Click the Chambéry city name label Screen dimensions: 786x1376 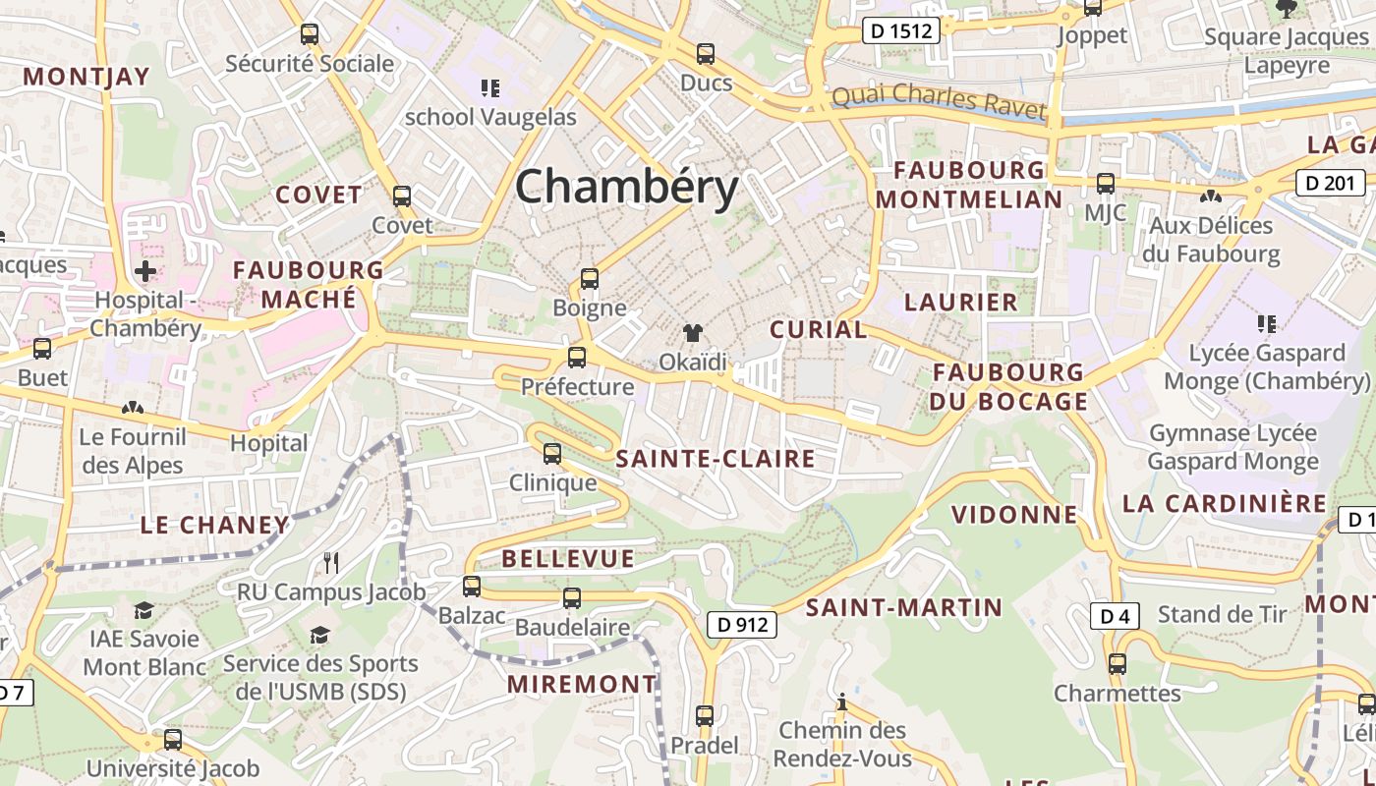click(x=626, y=187)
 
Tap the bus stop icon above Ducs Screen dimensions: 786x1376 click(x=706, y=54)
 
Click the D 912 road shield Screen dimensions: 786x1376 click(x=742, y=624)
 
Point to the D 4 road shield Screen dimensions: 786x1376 click(x=1115, y=616)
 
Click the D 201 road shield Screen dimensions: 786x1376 click(x=1331, y=182)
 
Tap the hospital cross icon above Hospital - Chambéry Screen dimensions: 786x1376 click(x=145, y=271)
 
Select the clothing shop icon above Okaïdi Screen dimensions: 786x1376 click(x=693, y=333)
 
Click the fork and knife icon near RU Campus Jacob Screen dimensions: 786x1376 click(x=331, y=563)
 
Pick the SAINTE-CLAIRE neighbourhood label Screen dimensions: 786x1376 click(x=716, y=459)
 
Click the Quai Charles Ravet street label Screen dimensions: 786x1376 click(x=938, y=102)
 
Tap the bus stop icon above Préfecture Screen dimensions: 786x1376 click(x=577, y=358)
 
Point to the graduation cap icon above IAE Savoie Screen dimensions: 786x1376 click(x=144, y=610)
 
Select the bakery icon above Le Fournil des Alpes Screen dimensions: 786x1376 click(x=132, y=408)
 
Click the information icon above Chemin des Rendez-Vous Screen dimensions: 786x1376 click(x=841, y=702)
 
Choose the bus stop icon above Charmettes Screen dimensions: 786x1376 click(x=1117, y=664)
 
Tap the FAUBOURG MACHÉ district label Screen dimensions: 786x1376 click(x=309, y=284)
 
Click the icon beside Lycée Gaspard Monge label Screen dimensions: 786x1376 click(x=1266, y=323)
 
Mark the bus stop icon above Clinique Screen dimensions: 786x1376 click(x=552, y=454)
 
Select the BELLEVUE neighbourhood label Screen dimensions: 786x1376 click(x=568, y=559)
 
